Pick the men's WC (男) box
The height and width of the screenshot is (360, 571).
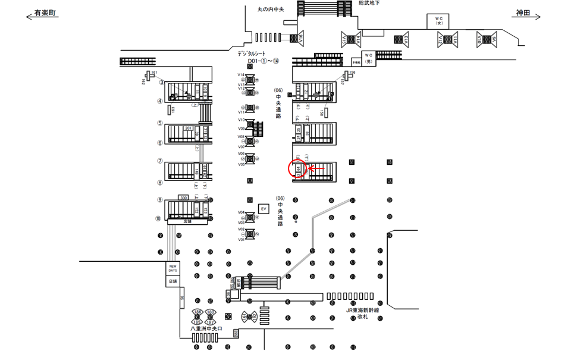pos(368,58)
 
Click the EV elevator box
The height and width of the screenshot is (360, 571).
pos(263,209)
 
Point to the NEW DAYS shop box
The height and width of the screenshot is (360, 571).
pos(172,268)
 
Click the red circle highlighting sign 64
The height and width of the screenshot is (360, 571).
pos(297,170)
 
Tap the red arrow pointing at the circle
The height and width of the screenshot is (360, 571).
pos(316,170)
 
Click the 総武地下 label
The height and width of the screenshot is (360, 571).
pos(369,4)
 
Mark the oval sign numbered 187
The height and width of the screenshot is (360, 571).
pos(211,321)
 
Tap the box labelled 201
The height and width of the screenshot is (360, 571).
pos(188,128)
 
